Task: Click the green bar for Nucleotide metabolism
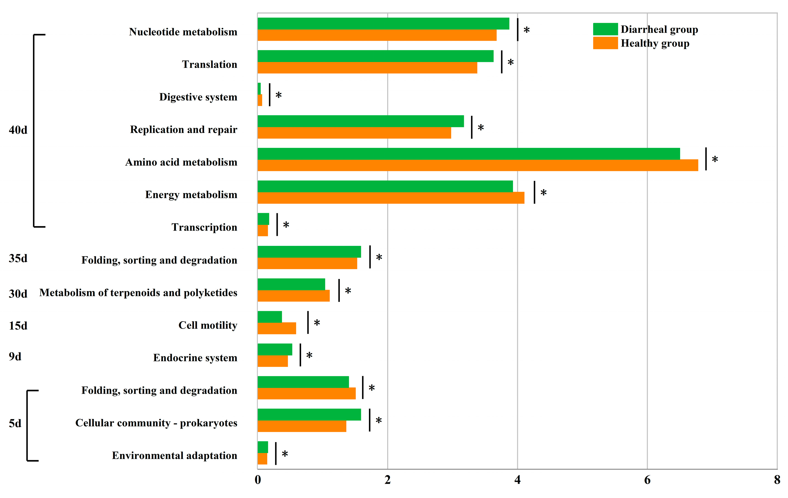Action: pyautogui.click(x=383, y=24)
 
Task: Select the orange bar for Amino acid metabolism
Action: pyautogui.click(x=478, y=165)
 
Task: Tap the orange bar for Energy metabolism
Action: pyautogui.click(x=391, y=198)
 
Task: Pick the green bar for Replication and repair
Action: pyautogui.click(x=360, y=121)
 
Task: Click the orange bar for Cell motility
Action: pyautogui.click(x=276, y=328)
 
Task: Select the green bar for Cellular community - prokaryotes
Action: pyautogui.click(x=309, y=415)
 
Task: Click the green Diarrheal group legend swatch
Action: pyautogui.click(x=605, y=29)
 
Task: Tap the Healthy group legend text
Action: pyautogui.click(x=655, y=43)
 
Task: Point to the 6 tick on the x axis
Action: pyautogui.click(x=647, y=480)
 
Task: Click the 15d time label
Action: pyautogui.click(x=18, y=326)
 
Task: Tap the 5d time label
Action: pyautogui.click(x=15, y=424)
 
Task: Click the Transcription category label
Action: pyautogui.click(x=204, y=227)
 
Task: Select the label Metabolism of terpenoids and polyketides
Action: pyautogui.click(x=138, y=292)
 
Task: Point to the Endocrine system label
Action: pyautogui.click(x=195, y=358)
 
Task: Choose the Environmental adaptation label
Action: pyautogui.click(x=174, y=455)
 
